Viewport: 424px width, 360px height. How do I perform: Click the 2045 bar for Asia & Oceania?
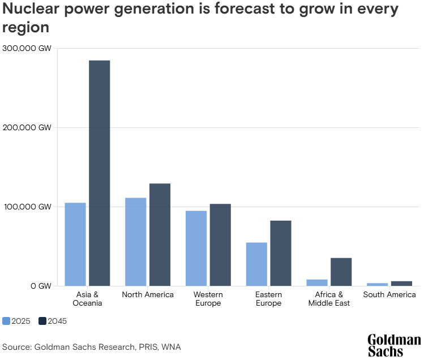(100, 173)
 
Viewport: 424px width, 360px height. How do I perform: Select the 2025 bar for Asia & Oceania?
(75, 244)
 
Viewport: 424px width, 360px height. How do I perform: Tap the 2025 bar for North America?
(136, 242)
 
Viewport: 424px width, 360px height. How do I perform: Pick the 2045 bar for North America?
(160, 234)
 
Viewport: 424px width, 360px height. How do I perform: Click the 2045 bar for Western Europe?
(220, 245)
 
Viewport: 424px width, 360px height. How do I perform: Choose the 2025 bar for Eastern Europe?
(256, 264)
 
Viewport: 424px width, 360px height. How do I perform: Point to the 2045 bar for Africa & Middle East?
(341, 272)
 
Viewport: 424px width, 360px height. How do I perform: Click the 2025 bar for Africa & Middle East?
(317, 282)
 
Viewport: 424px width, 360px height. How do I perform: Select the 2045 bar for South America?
(401, 283)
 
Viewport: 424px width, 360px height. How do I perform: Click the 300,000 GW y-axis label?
(27, 49)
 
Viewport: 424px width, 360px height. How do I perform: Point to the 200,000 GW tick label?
(27, 128)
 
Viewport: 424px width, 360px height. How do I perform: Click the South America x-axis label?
(389, 295)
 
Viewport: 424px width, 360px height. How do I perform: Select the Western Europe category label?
(208, 299)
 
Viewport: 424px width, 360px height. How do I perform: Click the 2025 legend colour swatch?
(6, 321)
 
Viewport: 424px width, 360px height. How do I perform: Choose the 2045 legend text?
(57, 321)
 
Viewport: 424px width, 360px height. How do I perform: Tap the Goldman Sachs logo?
(394, 345)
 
